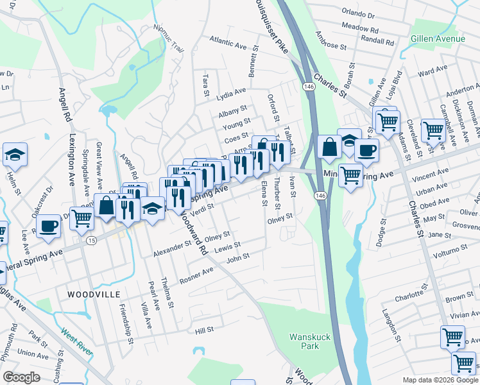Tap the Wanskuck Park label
[x=304, y=341]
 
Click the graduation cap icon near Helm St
[x=15, y=155]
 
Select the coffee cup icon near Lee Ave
[x=49, y=226]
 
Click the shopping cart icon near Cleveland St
[x=433, y=130]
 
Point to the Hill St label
[x=204, y=329]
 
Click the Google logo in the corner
[x=21, y=377]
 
